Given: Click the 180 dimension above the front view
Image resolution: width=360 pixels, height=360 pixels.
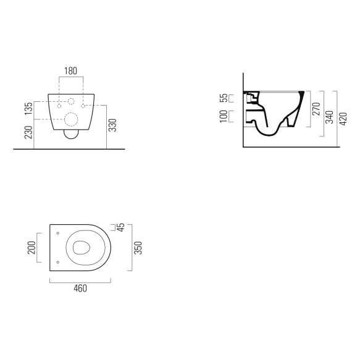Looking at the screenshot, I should click(x=71, y=71).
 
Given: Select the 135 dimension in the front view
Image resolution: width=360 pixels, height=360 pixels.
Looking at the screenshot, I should click(x=27, y=109).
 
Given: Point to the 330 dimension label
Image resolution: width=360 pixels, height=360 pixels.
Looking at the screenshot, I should click(x=113, y=125).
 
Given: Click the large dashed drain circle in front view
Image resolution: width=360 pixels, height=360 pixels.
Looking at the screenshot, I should click(x=71, y=119).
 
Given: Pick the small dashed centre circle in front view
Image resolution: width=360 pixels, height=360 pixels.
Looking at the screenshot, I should click(x=71, y=101).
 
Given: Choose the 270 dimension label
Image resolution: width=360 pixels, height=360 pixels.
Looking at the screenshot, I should click(x=316, y=110).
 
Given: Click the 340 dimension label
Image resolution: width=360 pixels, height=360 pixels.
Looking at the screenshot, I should click(x=330, y=117).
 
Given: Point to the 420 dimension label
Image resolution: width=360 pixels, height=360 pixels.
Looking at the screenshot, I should click(x=343, y=117).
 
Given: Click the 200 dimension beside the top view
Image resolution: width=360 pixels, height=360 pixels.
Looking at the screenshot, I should click(x=32, y=248).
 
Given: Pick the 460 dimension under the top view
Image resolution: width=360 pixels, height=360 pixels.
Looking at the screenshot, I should click(x=80, y=289).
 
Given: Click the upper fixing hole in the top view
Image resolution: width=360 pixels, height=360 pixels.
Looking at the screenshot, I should click(x=57, y=233).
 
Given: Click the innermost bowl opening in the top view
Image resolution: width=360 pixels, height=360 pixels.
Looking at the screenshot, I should click(x=81, y=248).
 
